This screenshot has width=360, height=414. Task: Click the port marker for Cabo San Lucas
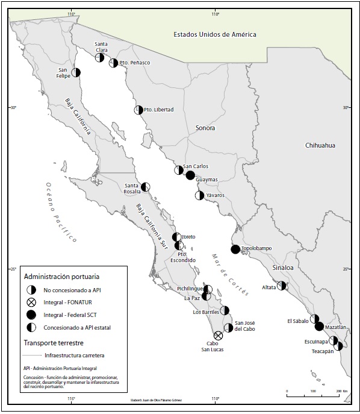tap(219, 336)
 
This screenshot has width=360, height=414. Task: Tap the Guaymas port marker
tap(190, 175)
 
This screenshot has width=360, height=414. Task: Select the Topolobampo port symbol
tap(235, 249)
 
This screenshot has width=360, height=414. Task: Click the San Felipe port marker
tap(76, 73)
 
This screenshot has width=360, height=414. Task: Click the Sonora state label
tap(205, 128)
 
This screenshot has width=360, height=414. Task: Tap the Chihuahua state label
tap(320, 145)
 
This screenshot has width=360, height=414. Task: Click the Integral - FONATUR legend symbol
tap(31, 303)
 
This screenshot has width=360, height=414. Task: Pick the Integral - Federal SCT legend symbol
tap(31, 315)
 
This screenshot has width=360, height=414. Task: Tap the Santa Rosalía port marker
tap(146, 187)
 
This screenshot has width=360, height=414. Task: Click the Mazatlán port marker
tap(320, 327)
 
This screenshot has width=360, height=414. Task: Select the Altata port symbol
tap(281, 286)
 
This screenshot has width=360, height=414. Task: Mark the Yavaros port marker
tap(199, 195)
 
